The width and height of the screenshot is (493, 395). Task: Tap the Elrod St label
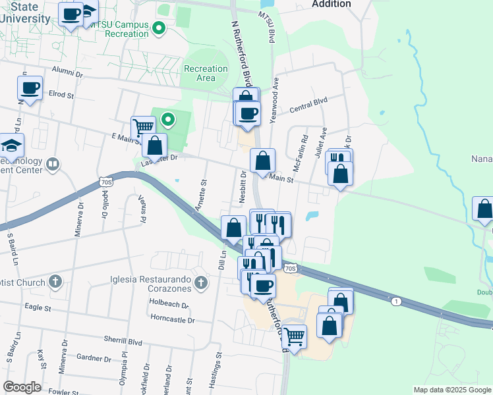[61, 94]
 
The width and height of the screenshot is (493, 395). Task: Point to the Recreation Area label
[206, 73]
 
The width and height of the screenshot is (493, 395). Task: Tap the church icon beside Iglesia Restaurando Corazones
[202, 284]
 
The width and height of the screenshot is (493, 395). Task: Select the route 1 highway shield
[395, 301]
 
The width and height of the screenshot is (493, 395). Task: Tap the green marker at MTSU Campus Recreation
[158, 28]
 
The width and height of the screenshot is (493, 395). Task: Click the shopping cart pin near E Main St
[143, 127]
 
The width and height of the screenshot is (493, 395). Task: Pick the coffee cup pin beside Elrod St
[31, 88]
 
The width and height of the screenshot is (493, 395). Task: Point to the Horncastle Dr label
[173, 320]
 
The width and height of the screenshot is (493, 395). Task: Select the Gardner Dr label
[93, 359]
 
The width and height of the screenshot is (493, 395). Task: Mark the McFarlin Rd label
[305, 149]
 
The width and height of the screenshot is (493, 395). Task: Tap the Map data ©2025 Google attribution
[451, 390]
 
